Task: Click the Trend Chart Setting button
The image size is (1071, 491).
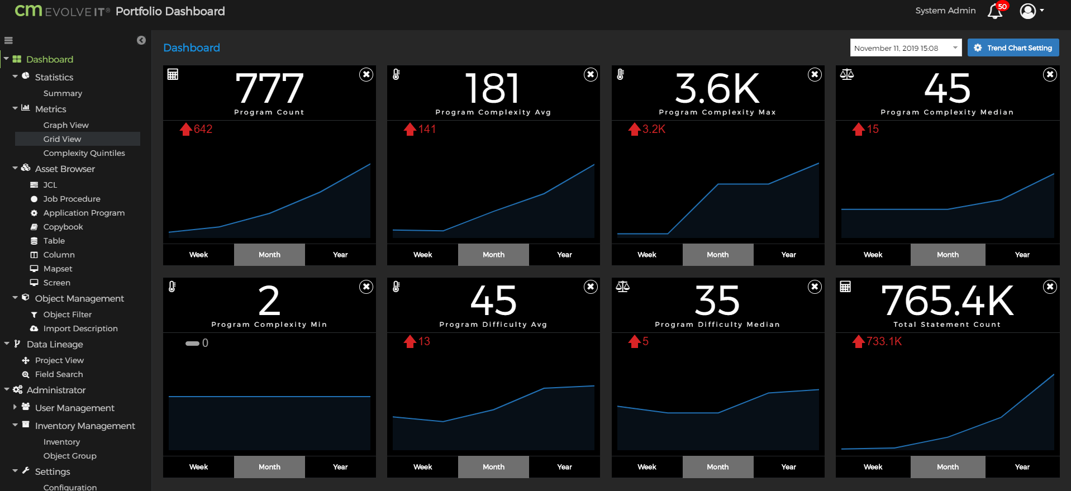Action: tap(1013, 48)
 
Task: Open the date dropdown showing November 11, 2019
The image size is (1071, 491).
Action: tap(905, 48)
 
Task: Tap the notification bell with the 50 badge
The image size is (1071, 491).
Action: tap(995, 11)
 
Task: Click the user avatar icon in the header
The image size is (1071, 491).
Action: tap(1028, 11)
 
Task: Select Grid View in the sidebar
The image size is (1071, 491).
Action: tap(62, 139)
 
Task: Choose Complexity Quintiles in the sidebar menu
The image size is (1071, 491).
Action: tap(84, 153)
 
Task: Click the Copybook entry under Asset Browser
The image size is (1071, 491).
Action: tap(63, 227)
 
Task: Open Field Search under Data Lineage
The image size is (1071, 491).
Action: tap(59, 374)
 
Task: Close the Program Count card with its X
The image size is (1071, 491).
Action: tap(366, 74)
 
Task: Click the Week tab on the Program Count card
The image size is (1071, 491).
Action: tap(198, 255)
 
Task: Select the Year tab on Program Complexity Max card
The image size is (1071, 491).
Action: tap(788, 255)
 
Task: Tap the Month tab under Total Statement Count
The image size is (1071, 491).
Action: tap(948, 467)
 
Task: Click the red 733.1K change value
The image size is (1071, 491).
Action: tap(884, 341)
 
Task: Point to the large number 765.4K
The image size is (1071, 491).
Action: tap(947, 301)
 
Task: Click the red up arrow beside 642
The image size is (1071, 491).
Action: tap(185, 130)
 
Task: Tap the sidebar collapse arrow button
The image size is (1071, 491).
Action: tap(141, 40)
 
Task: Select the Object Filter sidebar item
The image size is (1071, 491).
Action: tap(67, 314)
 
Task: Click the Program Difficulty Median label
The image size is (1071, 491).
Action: tap(717, 325)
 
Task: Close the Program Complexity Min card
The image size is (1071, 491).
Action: tap(366, 287)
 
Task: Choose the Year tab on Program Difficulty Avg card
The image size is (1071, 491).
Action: tap(564, 467)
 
